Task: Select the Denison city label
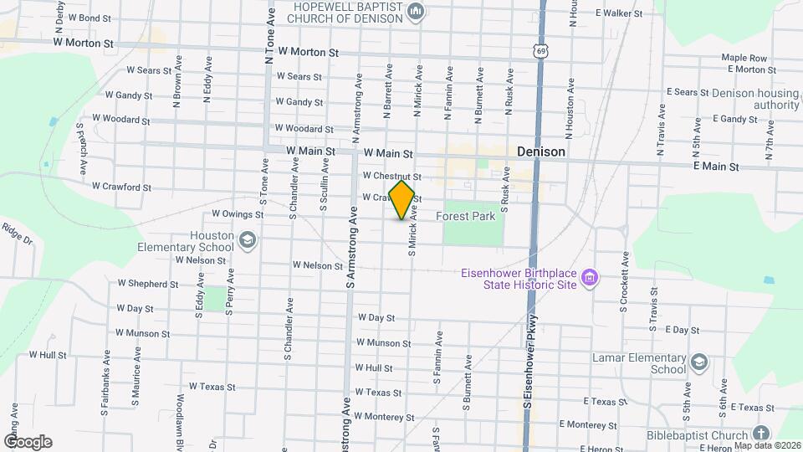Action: (x=540, y=152)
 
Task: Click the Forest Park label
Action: (x=466, y=216)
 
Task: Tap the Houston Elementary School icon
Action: (x=247, y=242)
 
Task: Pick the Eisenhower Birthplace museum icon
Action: (x=589, y=277)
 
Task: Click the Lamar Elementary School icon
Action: (x=699, y=362)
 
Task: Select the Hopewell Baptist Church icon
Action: (x=416, y=11)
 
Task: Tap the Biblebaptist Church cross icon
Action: (x=760, y=434)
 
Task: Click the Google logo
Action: (x=27, y=442)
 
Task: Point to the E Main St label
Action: (x=716, y=167)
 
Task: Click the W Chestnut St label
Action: (x=391, y=177)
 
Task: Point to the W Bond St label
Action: (x=89, y=18)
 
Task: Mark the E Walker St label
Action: (x=618, y=13)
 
